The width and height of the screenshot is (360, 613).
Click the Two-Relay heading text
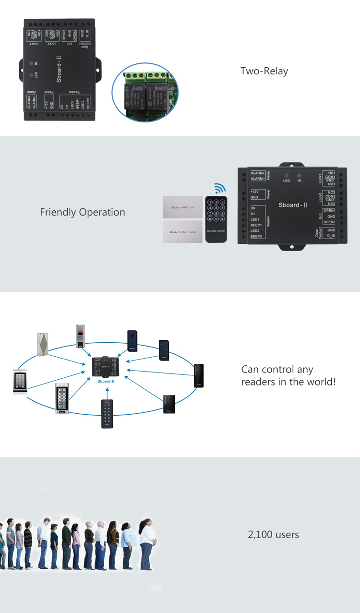(264, 72)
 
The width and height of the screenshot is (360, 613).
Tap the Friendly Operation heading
(82, 212)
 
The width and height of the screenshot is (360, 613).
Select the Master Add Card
(182, 208)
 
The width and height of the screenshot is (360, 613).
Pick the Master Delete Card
(182, 232)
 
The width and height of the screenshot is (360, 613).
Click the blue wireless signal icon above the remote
(219, 188)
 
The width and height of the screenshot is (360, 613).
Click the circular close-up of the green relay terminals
(148, 93)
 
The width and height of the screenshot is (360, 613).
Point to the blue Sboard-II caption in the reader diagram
(106, 381)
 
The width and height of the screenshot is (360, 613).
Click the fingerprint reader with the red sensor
(80, 336)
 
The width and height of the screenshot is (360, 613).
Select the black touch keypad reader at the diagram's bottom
(107, 413)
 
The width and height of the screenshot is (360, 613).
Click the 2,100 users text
(273, 535)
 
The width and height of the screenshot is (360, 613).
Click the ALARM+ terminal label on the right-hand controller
(258, 173)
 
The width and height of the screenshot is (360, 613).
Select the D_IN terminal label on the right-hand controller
(331, 236)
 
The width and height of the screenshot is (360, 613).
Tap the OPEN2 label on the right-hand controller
(329, 222)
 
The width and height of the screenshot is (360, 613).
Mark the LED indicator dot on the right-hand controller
(287, 175)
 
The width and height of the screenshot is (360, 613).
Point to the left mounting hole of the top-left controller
(23, 69)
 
